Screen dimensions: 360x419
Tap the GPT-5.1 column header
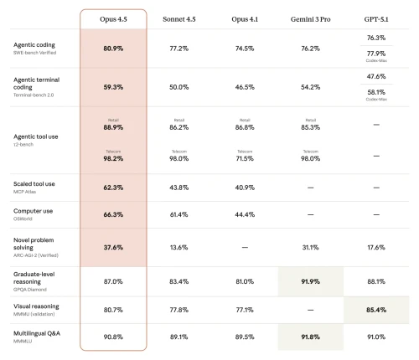375,18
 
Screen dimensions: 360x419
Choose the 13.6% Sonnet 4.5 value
178,248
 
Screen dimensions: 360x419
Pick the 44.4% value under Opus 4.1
243,215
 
